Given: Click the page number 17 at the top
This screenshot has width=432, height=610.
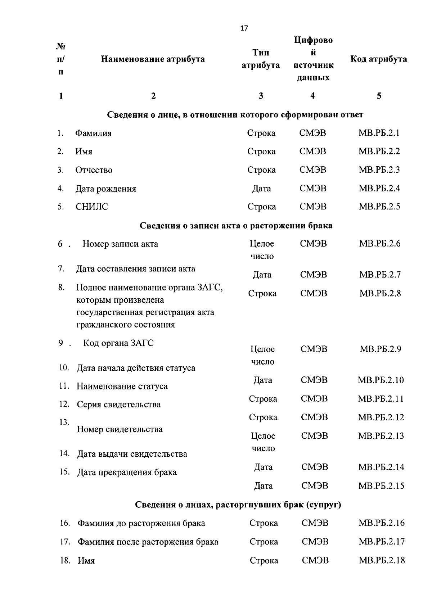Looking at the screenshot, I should coord(244,28).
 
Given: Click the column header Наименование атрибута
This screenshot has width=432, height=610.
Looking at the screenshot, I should coord(153,59).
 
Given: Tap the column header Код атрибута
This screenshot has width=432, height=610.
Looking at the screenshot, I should coord(378,59).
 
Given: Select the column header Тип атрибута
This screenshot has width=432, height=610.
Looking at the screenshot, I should coord(261,59).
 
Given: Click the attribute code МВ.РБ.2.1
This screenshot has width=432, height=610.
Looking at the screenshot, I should coord(379,133).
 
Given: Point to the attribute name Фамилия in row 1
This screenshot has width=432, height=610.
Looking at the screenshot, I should coord(93,134).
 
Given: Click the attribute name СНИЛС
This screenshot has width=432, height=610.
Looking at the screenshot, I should coord(91,207).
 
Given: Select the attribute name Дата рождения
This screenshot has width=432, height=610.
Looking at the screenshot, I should coord(105,189).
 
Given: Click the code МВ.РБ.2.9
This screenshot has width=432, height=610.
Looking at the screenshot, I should coord(380,349).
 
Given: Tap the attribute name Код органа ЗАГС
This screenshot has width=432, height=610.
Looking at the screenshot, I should coord(118,343).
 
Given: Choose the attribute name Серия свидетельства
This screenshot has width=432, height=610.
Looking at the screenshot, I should coord(118,405).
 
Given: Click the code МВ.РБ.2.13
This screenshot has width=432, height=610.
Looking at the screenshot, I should coord(381,436).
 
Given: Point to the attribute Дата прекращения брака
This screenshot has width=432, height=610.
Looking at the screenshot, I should coord(127,472).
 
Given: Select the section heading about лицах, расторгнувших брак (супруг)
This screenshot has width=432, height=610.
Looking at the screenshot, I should coord(238,505).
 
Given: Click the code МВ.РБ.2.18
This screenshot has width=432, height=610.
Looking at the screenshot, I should coord(382,560).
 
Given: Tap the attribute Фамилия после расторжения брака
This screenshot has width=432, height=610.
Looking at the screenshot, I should coord(148,542).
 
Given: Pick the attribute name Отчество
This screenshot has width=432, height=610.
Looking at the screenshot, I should coord(94,170).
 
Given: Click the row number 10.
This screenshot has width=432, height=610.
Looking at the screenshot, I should coord(64,368).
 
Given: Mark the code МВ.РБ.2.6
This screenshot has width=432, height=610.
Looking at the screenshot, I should coord(379,244).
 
